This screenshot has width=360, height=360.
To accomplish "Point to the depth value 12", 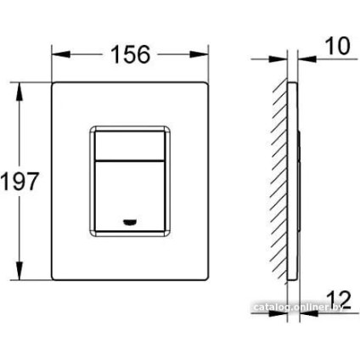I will point(337,290).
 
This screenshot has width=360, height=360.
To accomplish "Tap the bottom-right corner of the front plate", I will point(205,278).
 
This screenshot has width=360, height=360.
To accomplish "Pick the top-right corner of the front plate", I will point(205,84).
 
